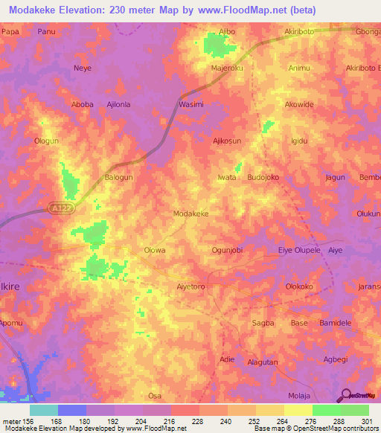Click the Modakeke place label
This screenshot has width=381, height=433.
point(190,214)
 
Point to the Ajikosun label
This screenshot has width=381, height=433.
point(228,141)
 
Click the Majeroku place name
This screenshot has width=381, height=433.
point(227,69)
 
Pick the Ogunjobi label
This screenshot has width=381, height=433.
point(228,251)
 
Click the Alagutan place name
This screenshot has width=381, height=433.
point(263,362)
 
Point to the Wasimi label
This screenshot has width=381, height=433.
point(191,105)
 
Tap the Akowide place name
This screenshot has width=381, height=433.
point(300,105)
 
